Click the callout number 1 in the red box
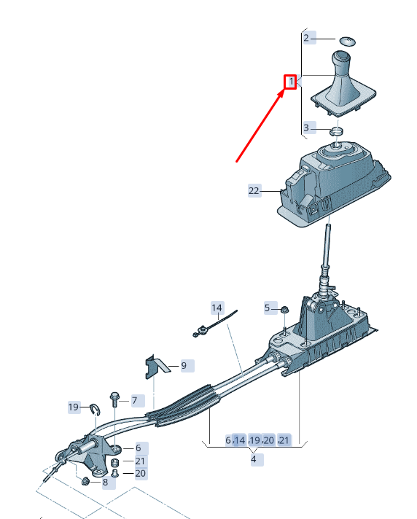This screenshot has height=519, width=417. click(291, 82)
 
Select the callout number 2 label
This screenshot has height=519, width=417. click(306, 38)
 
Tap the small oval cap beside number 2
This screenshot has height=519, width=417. click(347, 41)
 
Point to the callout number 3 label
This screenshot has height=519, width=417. click(306, 128)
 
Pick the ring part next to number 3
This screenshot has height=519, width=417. click(336, 131)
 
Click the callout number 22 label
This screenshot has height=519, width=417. click(254, 191)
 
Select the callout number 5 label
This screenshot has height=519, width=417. click(268, 308)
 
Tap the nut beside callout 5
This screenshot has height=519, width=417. click(284, 310)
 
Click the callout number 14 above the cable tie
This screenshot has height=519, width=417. click(217, 308)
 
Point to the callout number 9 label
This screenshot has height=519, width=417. click(184, 366)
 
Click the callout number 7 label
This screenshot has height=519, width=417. click(134, 401)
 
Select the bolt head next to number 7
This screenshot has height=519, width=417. click(115, 395)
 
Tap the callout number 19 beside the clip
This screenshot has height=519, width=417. click(74, 407)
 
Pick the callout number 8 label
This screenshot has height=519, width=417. click(105, 483)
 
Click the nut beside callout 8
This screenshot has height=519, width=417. click(85, 481)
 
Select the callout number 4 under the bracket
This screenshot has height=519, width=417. click(254, 459)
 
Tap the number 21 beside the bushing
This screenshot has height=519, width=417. click(140, 461)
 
